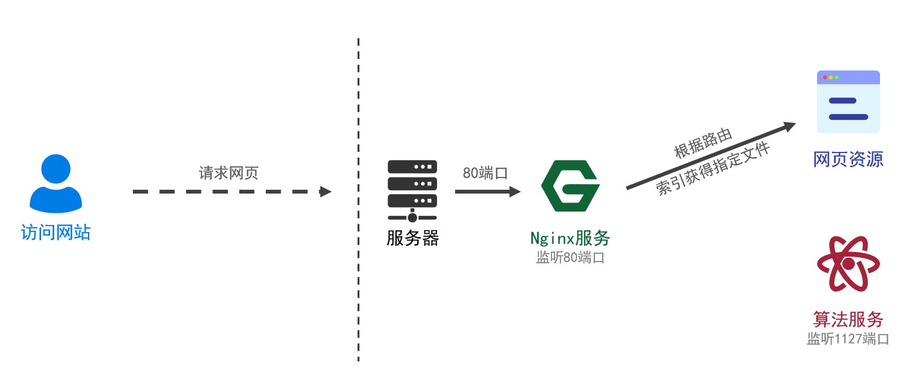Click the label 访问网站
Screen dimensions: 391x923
coord(56,231)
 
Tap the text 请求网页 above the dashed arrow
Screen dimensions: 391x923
coord(229,173)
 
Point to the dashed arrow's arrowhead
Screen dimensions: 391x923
coord(325,192)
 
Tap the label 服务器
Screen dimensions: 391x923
coord(413,238)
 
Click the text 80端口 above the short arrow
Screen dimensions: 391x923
coord(485,173)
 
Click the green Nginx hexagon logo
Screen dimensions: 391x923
coord(570,186)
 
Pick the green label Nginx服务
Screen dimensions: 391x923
coord(570,238)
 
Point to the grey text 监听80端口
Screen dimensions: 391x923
coord(570,258)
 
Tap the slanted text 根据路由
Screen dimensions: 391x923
coord(703,142)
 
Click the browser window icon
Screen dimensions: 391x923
coord(848,102)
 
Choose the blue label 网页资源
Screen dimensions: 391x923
coord(848,159)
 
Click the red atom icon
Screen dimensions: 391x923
coord(848,263)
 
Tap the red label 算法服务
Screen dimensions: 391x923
coord(848,319)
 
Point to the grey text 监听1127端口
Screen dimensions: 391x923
coord(848,339)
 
